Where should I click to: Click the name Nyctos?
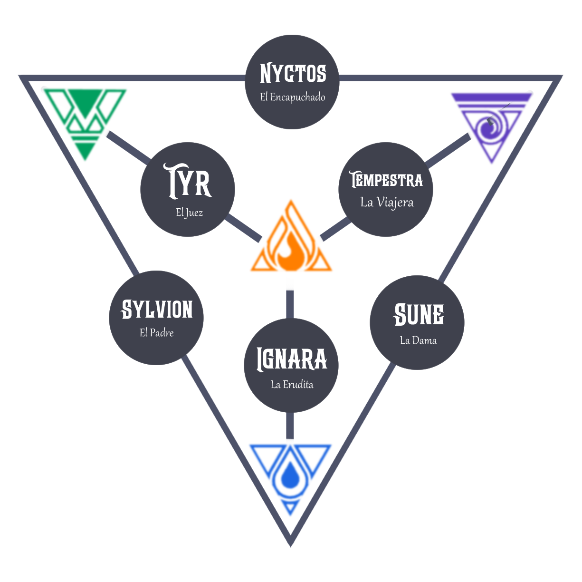click(293, 74)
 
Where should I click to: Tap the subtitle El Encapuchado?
click(293, 97)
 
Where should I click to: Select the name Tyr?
click(189, 181)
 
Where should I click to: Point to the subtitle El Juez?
click(189, 213)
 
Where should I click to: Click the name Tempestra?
click(386, 180)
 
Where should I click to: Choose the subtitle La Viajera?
click(387, 203)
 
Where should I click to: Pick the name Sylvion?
click(157, 310)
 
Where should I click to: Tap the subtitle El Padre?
click(156, 333)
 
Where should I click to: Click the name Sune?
click(419, 315)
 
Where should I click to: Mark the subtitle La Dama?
click(418, 340)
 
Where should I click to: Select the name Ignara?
click(292, 359)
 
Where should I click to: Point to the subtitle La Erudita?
click(292, 384)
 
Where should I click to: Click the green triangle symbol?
click(85, 119)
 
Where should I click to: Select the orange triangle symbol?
click(291, 242)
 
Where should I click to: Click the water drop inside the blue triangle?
click(290, 475)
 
